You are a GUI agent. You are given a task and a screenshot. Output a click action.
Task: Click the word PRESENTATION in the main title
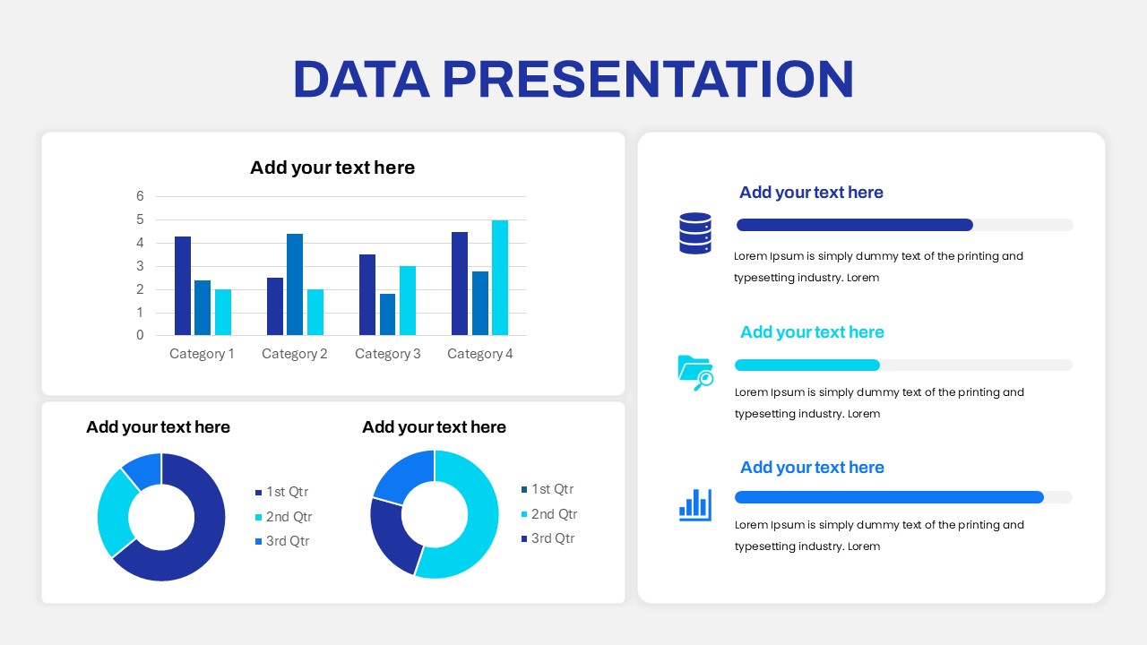pos(648,79)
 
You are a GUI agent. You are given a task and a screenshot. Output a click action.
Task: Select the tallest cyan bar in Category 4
pos(499,278)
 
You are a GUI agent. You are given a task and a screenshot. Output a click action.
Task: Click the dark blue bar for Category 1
pos(183,286)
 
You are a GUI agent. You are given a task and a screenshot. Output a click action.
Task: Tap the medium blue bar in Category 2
pos(295,284)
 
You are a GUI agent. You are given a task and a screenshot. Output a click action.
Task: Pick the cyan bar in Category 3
pos(408,300)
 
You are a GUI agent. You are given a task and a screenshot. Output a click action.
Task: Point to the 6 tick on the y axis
pos(140,196)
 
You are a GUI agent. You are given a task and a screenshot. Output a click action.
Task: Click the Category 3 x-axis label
pos(387,354)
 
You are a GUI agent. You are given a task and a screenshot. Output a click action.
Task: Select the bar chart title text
pos(332,168)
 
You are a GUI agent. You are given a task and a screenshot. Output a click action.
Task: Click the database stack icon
pos(695,233)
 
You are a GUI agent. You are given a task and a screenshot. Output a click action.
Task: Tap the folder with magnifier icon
pos(695,372)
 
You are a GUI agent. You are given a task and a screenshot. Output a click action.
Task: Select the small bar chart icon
pos(695,504)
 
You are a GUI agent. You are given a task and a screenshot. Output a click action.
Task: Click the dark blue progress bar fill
pos(854,225)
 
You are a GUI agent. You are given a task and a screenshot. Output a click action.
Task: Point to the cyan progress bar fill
pos(806,365)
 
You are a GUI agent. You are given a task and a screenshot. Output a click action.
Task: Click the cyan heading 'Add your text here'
pos(812,332)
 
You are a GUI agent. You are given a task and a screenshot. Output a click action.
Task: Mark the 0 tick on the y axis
pos(140,335)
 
